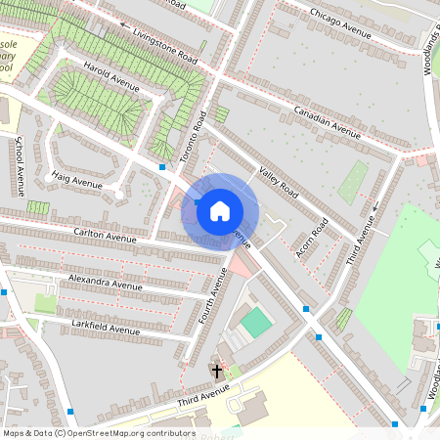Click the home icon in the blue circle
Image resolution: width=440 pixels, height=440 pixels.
(220, 210)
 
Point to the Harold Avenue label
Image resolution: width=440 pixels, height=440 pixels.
(111, 76)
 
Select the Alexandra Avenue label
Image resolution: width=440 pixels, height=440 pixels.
(105, 284)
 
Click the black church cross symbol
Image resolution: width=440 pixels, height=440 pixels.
(217, 372)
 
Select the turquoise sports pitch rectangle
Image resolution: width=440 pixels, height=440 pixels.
(256, 322)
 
